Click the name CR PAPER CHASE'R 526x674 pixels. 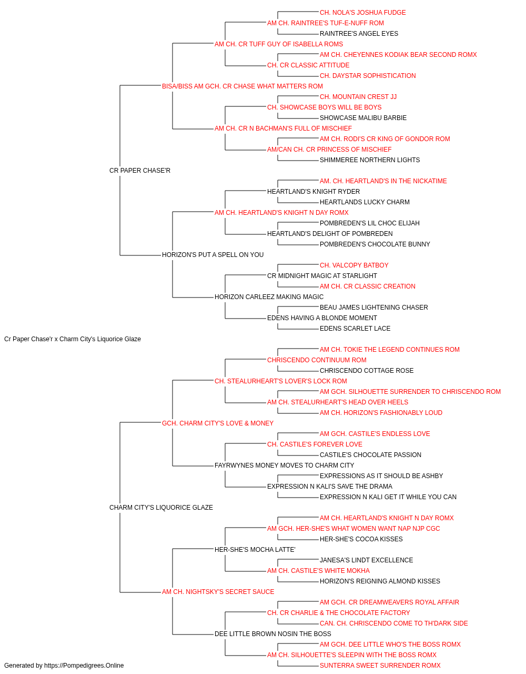pos(140,171)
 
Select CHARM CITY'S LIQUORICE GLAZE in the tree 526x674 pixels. pos(161,508)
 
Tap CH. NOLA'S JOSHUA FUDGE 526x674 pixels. pos(362,13)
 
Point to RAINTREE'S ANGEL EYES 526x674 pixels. pos(359,34)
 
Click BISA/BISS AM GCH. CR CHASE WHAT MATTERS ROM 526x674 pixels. pos(242,86)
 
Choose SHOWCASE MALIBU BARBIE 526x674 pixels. pos(363,118)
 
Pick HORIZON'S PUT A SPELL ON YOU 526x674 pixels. pos(213,255)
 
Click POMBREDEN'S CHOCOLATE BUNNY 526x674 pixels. pos(375,244)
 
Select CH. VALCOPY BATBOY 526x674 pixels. pos(354,265)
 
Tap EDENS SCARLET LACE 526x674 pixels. pos(355,329)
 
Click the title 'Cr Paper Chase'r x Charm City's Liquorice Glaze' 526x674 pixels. pos(73,339)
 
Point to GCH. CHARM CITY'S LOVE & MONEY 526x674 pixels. pos(218,423)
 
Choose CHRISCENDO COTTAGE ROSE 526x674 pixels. pos(367,371)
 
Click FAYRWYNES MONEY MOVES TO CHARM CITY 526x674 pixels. pos(284,465)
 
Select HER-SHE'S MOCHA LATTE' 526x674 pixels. pos(255,550)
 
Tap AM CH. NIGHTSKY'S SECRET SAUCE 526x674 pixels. pos(218,592)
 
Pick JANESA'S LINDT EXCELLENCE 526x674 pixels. pos(366,560)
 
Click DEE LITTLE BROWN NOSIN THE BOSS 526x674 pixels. pos(272,634)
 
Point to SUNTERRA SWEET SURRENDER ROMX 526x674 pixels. pos(380,666)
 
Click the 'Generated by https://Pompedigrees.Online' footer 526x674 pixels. pos(64,666)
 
